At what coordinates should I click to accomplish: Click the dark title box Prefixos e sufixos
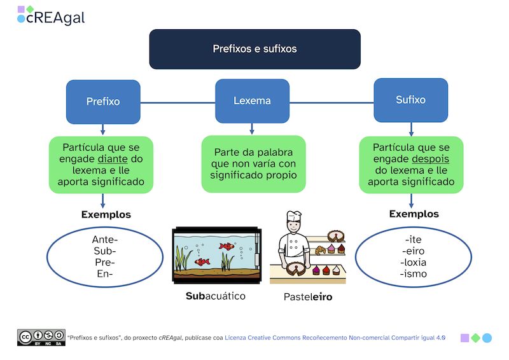pos(254,49)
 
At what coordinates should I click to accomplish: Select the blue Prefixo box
pos(103,101)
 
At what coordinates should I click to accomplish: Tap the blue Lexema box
pos(252,100)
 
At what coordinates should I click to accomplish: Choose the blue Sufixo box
pos(410,100)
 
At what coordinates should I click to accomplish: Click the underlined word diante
pos(113,158)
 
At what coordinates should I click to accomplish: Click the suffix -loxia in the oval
pos(414,263)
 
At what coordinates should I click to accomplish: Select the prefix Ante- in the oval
pos(105,240)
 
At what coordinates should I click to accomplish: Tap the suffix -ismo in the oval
pos(414,274)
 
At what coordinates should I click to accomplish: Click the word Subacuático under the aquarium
pos(216,296)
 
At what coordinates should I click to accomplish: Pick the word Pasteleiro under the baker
pos(308,296)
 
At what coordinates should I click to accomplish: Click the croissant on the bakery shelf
pos(319,251)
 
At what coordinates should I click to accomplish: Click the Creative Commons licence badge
pos(41,337)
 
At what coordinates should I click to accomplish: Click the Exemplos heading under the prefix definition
pos(106,214)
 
